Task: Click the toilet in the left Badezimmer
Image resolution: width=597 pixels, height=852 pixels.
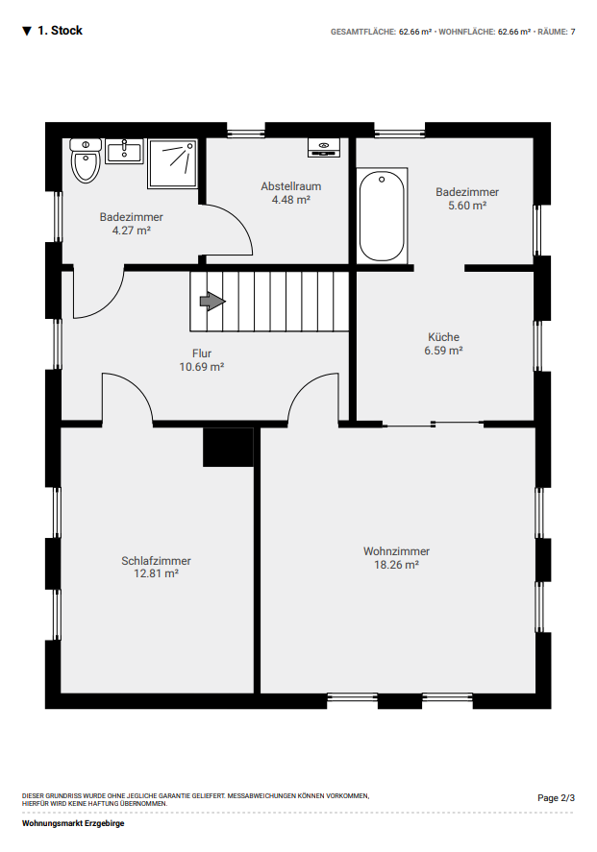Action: (x=86, y=160)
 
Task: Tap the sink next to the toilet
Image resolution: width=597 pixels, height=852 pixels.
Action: (x=125, y=151)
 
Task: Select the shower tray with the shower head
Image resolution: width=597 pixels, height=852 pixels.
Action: (x=172, y=164)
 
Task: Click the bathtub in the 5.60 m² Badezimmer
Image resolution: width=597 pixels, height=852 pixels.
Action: (x=383, y=216)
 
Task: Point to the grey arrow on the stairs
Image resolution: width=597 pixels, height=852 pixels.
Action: (x=212, y=301)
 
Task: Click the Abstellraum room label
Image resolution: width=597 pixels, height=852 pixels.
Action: (x=291, y=186)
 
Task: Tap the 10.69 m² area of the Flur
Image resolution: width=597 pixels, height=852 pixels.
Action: (x=202, y=367)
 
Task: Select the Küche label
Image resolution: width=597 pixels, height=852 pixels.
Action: (x=444, y=337)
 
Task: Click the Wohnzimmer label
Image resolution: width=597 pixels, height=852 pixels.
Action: (x=396, y=551)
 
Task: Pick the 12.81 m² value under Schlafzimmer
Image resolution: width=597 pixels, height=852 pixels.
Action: (x=156, y=573)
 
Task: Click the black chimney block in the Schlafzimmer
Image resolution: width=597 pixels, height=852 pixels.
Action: (x=229, y=447)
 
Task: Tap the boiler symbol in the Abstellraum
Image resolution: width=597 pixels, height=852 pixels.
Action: (x=324, y=147)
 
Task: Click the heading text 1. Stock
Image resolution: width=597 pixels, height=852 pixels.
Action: (x=60, y=31)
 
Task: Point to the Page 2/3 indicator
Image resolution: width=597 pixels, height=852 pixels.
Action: (x=557, y=797)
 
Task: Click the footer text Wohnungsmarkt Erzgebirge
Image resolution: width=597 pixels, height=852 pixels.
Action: (x=73, y=823)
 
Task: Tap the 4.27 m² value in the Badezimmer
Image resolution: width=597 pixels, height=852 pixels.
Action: (x=131, y=231)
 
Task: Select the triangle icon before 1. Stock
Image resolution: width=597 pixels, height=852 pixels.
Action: (x=27, y=31)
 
